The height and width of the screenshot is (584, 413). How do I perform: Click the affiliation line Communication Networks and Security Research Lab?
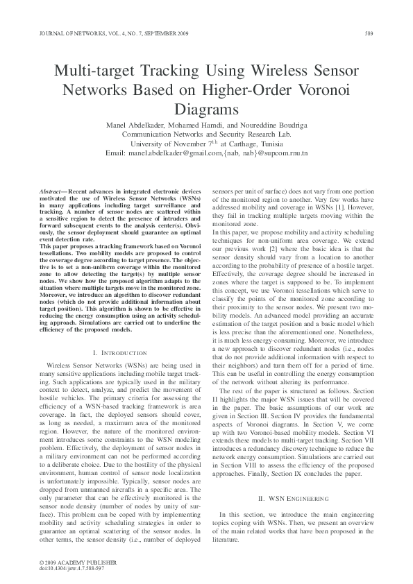pyautogui.click(x=206, y=134)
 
